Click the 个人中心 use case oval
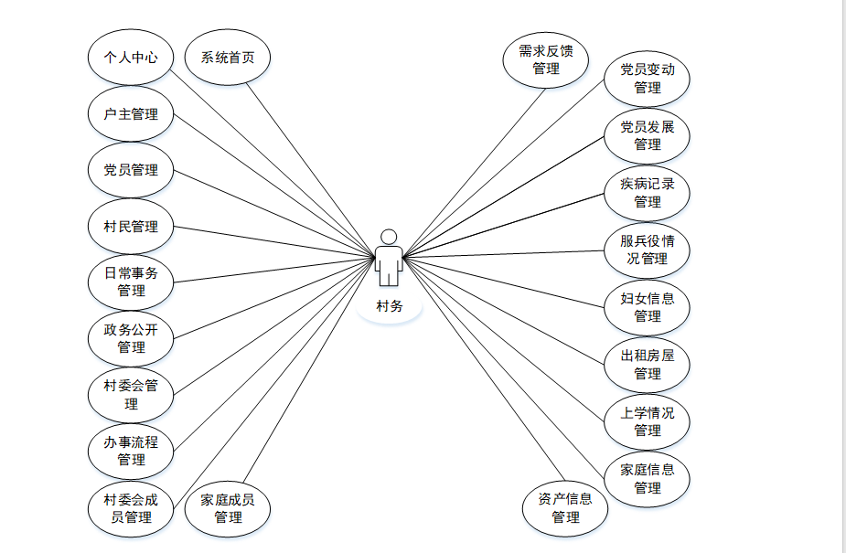(131, 57)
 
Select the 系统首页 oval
(228, 57)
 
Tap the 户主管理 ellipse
(131, 114)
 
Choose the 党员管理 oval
(131, 170)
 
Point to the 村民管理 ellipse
(131, 227)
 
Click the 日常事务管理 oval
(131, 282)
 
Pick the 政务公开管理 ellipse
(131, 339)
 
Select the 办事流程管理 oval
(131, 452)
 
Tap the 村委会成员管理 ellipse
(131, 508)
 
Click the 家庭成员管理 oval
(228, 508)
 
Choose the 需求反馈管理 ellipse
(546, 59)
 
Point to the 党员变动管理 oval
(648, 79)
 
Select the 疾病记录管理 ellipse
(648, 192)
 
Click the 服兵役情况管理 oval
(648, 250)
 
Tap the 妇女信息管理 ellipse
(648, 307)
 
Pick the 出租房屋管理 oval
(648, 365)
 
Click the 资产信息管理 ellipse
(565, 508)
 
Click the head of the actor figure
(390, 237)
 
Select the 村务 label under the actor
(390, 306)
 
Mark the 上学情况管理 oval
(648, 421)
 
